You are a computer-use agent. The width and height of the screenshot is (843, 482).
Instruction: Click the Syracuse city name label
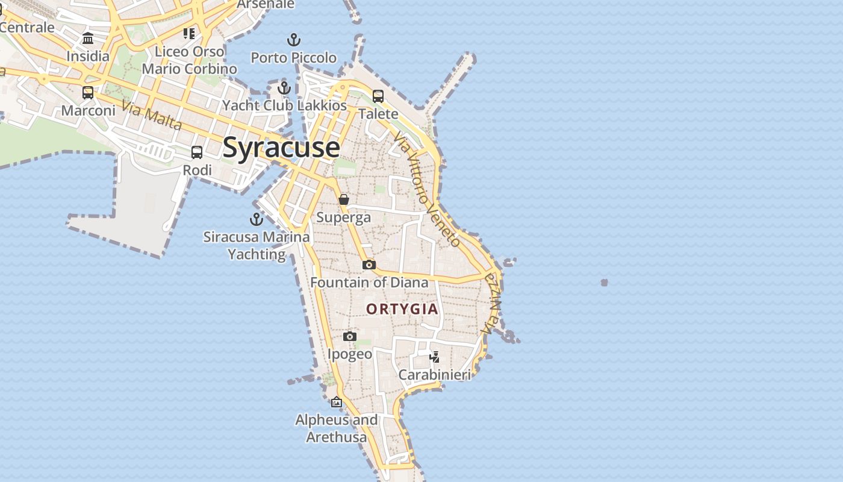281,148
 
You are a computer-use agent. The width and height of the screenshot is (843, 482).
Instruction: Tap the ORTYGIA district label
402,309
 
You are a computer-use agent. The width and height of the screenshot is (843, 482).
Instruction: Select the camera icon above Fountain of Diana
369,264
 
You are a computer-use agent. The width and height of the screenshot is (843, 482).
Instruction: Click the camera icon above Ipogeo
350,336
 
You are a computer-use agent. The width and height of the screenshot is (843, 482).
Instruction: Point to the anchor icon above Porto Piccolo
293,40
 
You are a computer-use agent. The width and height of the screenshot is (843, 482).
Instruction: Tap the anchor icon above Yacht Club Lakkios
284,88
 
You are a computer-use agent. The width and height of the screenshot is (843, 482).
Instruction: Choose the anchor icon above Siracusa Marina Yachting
257,219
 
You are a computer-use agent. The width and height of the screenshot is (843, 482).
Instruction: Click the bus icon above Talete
378,96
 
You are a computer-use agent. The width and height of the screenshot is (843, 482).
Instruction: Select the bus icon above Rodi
197,152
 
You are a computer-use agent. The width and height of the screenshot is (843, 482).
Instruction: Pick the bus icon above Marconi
88,93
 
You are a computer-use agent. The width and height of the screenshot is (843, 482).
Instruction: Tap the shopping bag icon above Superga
344,199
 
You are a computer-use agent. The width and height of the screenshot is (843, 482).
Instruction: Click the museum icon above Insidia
88,39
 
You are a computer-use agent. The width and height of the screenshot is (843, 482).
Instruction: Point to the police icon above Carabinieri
434,357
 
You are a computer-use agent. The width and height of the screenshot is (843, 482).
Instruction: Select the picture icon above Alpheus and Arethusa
337,402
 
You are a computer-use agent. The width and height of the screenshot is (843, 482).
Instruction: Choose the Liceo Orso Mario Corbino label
190,60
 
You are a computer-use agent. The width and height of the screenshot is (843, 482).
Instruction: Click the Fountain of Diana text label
369,282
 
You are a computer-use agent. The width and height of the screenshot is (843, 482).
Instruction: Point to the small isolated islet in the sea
604,283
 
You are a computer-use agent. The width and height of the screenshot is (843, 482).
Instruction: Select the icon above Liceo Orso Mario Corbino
190,33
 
